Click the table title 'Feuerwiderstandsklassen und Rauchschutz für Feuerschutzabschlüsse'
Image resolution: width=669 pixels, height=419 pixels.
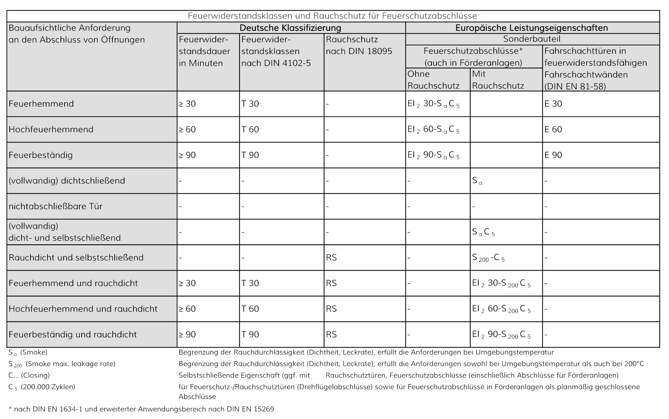coord(332,16)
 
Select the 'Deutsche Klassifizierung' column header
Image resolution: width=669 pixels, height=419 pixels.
coord(290,28)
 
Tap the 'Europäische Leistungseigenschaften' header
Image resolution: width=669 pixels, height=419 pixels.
coord(532,28)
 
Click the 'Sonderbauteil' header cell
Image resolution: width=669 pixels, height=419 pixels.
coord(532,39)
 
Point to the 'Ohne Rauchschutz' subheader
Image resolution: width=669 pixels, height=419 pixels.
coord(433,80)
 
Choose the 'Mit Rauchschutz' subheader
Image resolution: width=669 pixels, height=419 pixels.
coord(498,80)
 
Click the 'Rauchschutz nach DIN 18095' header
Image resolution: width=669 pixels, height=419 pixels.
coord(359,46)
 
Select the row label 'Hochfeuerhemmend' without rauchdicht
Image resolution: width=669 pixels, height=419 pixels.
coord(51,130)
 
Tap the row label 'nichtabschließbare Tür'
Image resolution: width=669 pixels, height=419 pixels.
coord(56,206)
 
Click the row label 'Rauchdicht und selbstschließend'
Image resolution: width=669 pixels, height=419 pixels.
coord(76,258)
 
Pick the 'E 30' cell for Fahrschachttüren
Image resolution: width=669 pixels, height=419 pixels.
coord(553,104)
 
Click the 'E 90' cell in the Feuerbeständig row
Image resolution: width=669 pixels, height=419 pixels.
coord(553,155)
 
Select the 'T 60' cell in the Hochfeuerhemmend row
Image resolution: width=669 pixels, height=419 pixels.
coord(250,130)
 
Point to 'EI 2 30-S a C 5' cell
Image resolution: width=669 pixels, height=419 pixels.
coord(434,104)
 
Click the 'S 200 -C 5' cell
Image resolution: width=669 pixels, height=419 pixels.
coord(488,258)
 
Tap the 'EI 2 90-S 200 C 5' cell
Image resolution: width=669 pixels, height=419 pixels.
coord(501,335)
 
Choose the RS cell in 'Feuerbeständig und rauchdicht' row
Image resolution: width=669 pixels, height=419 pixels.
coord(331,335)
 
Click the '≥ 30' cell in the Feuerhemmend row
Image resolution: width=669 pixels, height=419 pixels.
coord(187,104)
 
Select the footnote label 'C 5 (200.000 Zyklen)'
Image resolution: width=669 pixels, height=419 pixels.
coord(42,387)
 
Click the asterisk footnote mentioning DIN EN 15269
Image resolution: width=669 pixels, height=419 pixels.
coord(141,409)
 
